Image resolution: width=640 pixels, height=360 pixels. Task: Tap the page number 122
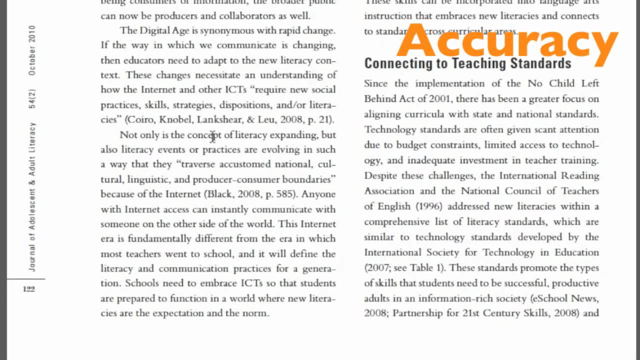click(x=29, y=289)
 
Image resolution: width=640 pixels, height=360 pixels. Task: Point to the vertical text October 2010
click(x=32, y=50)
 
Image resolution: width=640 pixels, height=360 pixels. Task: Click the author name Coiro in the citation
click(x=142, y=119)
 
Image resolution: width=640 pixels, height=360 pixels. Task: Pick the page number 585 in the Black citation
click(x=285, y=194)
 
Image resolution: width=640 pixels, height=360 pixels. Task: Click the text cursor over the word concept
click(x=212, y=135)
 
